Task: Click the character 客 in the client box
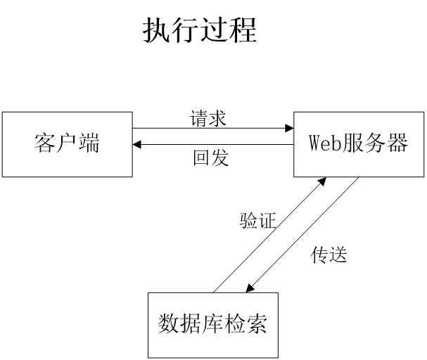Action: [x=45, y=143]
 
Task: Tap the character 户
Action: [x=67, y=143]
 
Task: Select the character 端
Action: [x=89, y=143]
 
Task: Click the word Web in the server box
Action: [x=325, y=143]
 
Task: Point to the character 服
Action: [x=353, y=143]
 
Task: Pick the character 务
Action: [x=375, y=143]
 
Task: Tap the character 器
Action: [x=397, y=143]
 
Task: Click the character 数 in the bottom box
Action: [x=169, y=324]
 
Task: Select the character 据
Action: [x=191, y=324]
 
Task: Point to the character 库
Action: [x=212, y=324]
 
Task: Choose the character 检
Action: [x=234, y=324]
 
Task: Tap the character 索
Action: [x=256, y=324]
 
